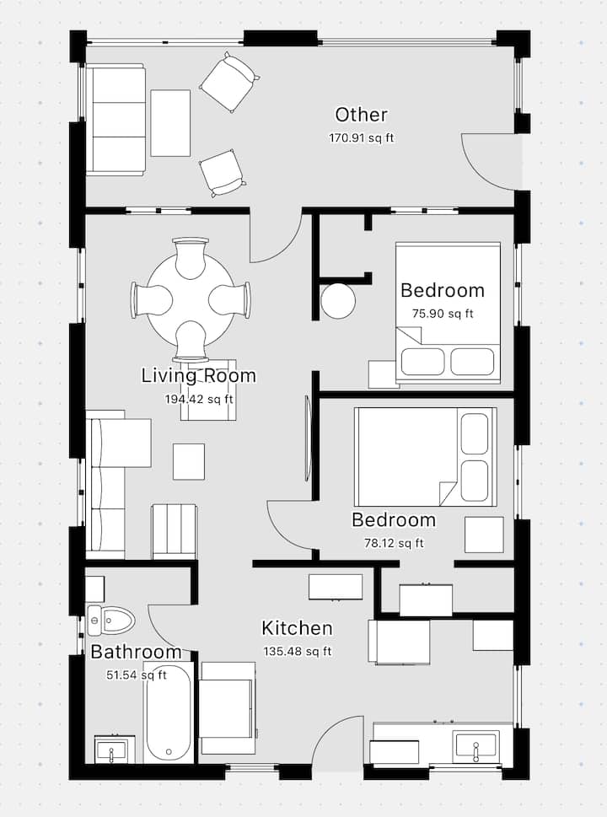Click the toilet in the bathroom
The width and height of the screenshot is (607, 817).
point(110,620)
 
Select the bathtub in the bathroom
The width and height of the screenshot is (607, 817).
point(168,712)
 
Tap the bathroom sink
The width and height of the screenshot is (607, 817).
point(115,750)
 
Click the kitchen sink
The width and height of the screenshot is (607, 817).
point(475,745)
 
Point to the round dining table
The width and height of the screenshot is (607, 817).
point(191,300)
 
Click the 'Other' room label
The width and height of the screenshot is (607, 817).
point(361,115)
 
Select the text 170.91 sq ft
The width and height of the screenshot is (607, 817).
point(361,138)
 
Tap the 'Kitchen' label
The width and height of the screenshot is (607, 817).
point(297,628)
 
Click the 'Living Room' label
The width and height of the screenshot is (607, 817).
point(198,376)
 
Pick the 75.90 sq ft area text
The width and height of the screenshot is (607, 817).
point(443,314)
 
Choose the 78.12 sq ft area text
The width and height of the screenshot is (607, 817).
point(394,543)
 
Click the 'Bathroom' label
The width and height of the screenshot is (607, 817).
point(136,652)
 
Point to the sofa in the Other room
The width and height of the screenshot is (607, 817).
point(115,120)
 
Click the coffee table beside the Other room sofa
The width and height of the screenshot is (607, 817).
point(170,123)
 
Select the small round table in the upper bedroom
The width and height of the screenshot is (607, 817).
point(338,301)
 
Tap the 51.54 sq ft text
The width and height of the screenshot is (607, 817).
point(137,675)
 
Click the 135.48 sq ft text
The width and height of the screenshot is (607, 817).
point(298,651)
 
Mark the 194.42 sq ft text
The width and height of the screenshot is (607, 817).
point(199,399)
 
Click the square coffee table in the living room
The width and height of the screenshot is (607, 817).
point(189,462)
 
